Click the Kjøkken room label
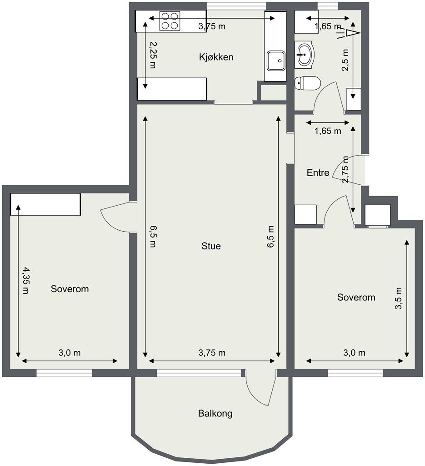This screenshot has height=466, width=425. (x=216, y=57)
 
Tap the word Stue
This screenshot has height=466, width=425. (x=211, y=246)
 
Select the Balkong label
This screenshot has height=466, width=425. (x=215, y=414)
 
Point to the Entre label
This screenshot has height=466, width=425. (x=318, y=172)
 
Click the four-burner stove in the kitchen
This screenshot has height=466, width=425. (x=170, y=21)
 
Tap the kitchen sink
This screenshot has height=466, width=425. (x=276, y=61)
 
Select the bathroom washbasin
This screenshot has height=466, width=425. (x=305, y=55)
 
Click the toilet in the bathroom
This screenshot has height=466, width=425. (x=308, y=83)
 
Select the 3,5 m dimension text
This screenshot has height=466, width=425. (x=398, y=299)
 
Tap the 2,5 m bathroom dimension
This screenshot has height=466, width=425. (x=345, y=60)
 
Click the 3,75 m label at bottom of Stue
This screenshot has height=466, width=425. (x=212, y=353)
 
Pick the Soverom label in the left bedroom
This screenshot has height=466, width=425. (x=70, y=289)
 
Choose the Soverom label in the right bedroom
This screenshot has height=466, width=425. (x=356, y=297)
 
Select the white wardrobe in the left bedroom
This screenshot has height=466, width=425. (x=45, y=204)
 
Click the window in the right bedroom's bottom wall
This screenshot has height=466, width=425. (x=355, y=373)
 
